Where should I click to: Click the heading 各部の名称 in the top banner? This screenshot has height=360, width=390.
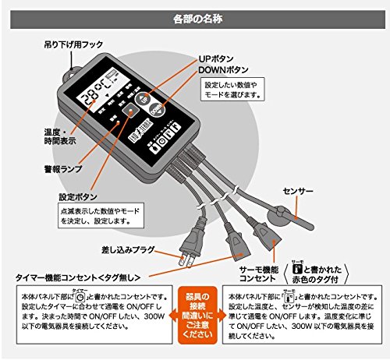click(x=194, y=16)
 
